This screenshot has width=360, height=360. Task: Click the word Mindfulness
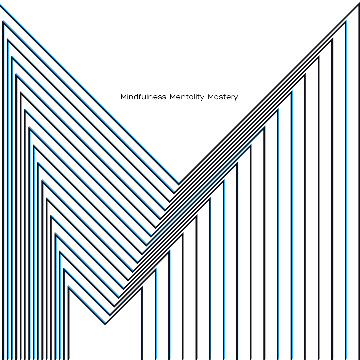[x=144, y=97]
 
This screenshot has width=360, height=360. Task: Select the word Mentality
[x=187, y=97]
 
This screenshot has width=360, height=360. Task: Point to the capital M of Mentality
[x=173, y=97]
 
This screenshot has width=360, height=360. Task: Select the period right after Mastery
[x=238, y=99]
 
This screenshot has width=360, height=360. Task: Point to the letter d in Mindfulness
[x=137, y=97]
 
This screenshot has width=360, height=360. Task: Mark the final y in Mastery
[x=236, y=98]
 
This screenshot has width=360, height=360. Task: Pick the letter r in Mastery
[x=232, y=98]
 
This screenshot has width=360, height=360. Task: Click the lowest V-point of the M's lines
[x=105, y=324]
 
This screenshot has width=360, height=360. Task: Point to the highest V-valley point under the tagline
[x=179, y=184]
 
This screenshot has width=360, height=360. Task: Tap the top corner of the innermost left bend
[x=69, y=287]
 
